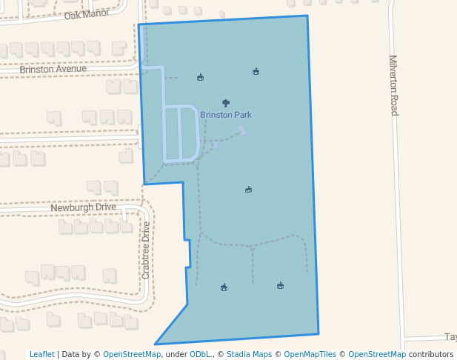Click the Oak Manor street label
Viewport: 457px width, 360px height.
(x=87, y=15)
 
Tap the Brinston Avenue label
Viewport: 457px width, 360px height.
(x=53, y=69)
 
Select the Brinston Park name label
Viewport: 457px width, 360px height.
(x=225, y=115)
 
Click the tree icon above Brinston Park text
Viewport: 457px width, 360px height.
(x=226, y=103)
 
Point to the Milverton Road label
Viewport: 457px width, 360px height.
(x=393, y=85)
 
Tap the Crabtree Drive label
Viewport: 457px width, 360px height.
(x=146, y=250)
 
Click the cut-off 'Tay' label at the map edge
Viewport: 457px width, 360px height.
(x=450, y=337)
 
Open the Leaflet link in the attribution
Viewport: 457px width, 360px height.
(x=41, y=354)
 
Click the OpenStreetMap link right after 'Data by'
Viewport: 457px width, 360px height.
(x=132, y=354)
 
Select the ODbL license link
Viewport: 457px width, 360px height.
(x=199, y=354)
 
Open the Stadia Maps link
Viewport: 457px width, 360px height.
(x=249, y=354)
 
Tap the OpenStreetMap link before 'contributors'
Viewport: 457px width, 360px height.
(x=377, y=354)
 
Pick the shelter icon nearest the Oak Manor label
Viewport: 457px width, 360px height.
(x=200, y=77)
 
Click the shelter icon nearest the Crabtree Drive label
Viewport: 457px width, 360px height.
(x=224, y=287)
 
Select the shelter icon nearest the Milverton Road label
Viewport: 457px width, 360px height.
(x=256, y=72)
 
